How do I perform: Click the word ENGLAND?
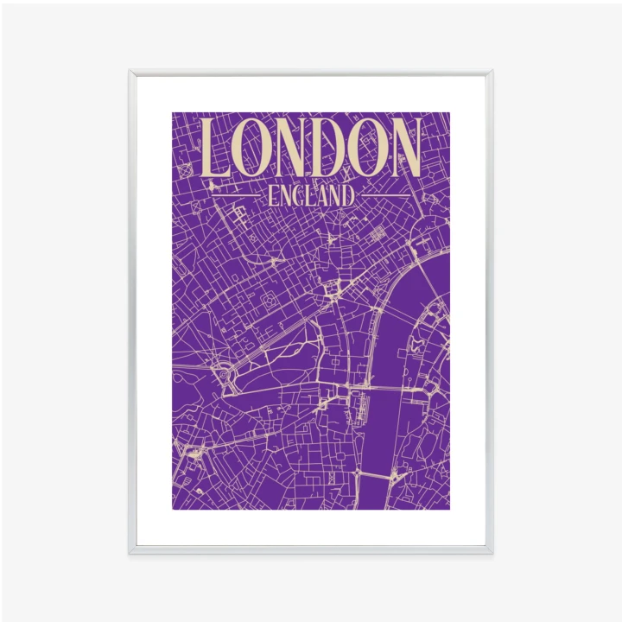coord(311,196)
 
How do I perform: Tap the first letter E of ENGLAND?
coord(273,196)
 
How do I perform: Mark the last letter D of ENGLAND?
coord(348,196)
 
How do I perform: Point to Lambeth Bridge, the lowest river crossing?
coord(376,475)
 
